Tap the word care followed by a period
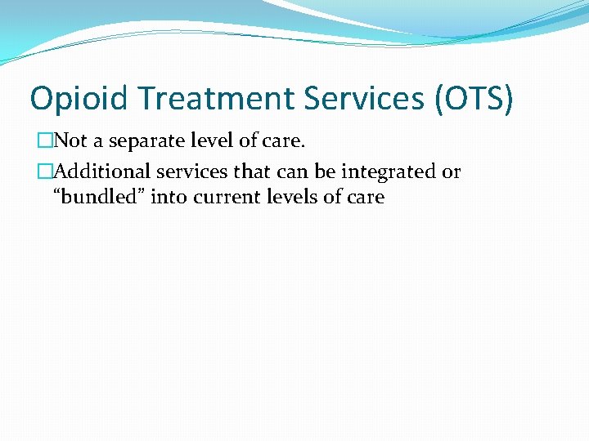coord(284,141)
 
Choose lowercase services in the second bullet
coord(197,171)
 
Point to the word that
coord(259,171)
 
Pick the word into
coord(169,197)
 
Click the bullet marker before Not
coord(43,141)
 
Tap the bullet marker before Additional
coord(43,172)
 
